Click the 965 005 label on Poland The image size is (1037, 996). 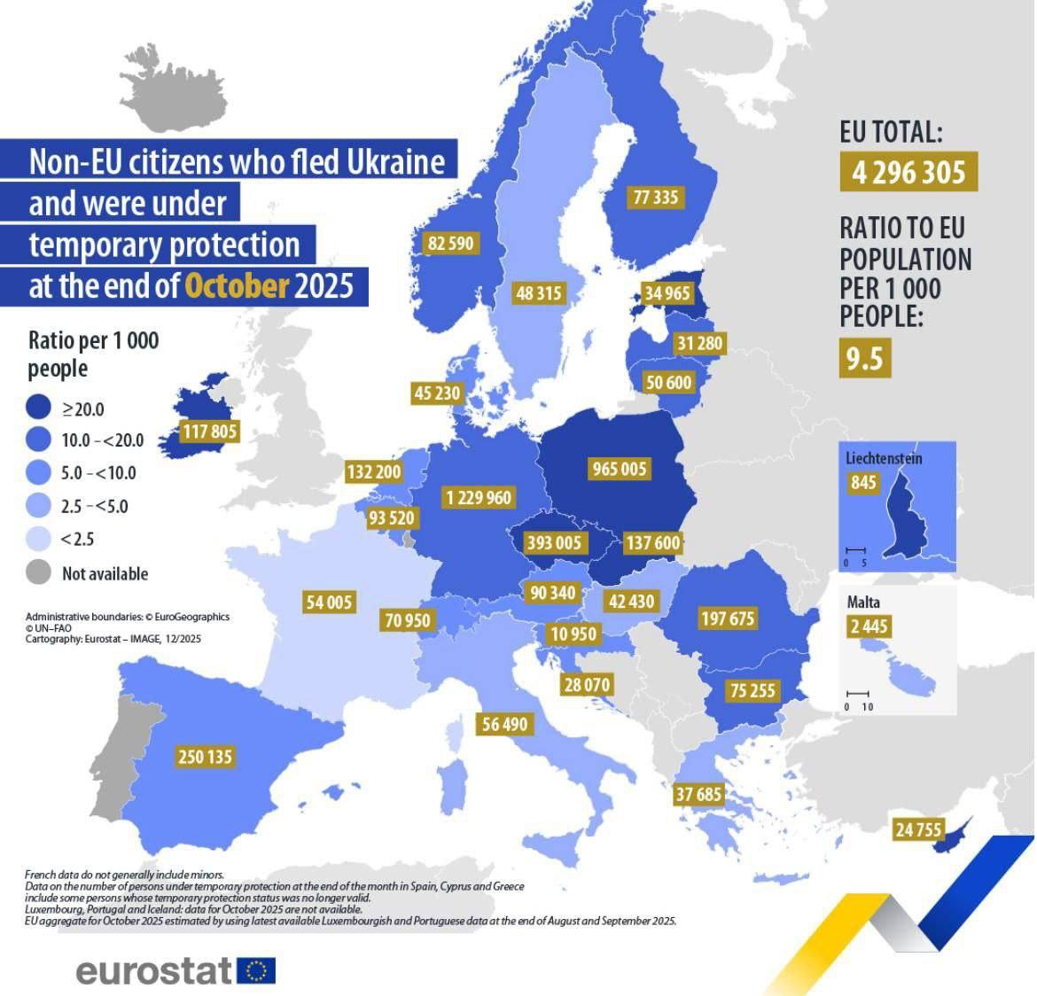(x=620, y=469)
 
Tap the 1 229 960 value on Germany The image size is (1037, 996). (x=479, y=498)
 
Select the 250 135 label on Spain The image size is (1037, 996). (x=205, y=757)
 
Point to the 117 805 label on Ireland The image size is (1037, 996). (x=210, y=432)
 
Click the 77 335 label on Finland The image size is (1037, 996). (x=656, y=198)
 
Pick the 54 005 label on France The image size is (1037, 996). (x=329, y=603)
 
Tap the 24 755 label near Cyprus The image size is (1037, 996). (x=919, y=830)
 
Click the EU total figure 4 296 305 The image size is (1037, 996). (x=908, y=172)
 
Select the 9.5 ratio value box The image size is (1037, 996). (x=864, y=359)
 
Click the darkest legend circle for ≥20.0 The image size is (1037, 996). (x=38, y=409)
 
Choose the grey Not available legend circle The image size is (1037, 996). (x=38, y=572)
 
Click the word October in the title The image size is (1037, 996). (x=237, y=286)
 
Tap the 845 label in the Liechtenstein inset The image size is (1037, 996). (x=863, y=483)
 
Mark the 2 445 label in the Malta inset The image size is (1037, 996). (x=869, y=627)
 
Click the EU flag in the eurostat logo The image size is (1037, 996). (x=256, y=971)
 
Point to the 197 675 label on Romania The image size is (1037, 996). (x=728, y=619)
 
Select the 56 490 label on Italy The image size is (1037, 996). (x=504, y=724)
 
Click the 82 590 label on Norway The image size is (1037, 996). (x=451, y=243)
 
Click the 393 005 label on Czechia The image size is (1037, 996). (x=554, y=542)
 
